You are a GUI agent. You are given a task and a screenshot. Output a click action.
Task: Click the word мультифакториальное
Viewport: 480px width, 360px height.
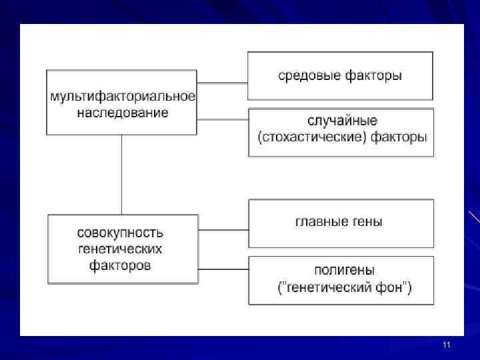tap(123, 96)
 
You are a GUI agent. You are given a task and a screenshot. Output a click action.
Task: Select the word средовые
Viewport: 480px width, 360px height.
tap(309, 75)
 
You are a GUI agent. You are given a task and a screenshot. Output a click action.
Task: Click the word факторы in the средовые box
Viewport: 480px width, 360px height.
tap(373, 75)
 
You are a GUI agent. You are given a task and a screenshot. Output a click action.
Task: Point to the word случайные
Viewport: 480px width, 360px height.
tap(342, 121)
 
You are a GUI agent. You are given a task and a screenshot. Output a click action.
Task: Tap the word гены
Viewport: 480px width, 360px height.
tap(369, 221)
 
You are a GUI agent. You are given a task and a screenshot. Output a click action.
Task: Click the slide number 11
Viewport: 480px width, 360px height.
tap(447, 345)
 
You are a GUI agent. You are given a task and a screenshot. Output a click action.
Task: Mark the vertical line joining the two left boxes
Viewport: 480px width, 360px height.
tap(121, 175)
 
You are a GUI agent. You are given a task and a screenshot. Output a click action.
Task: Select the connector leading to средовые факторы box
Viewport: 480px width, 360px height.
tap(223, 83)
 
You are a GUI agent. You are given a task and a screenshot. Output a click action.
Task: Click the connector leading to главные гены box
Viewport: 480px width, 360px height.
tap(223, 230)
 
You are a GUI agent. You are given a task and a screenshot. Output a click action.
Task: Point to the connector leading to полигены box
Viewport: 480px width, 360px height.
tap(223, 270)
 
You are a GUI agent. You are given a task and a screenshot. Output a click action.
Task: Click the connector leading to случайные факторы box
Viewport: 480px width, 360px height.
tap(223, 121)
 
